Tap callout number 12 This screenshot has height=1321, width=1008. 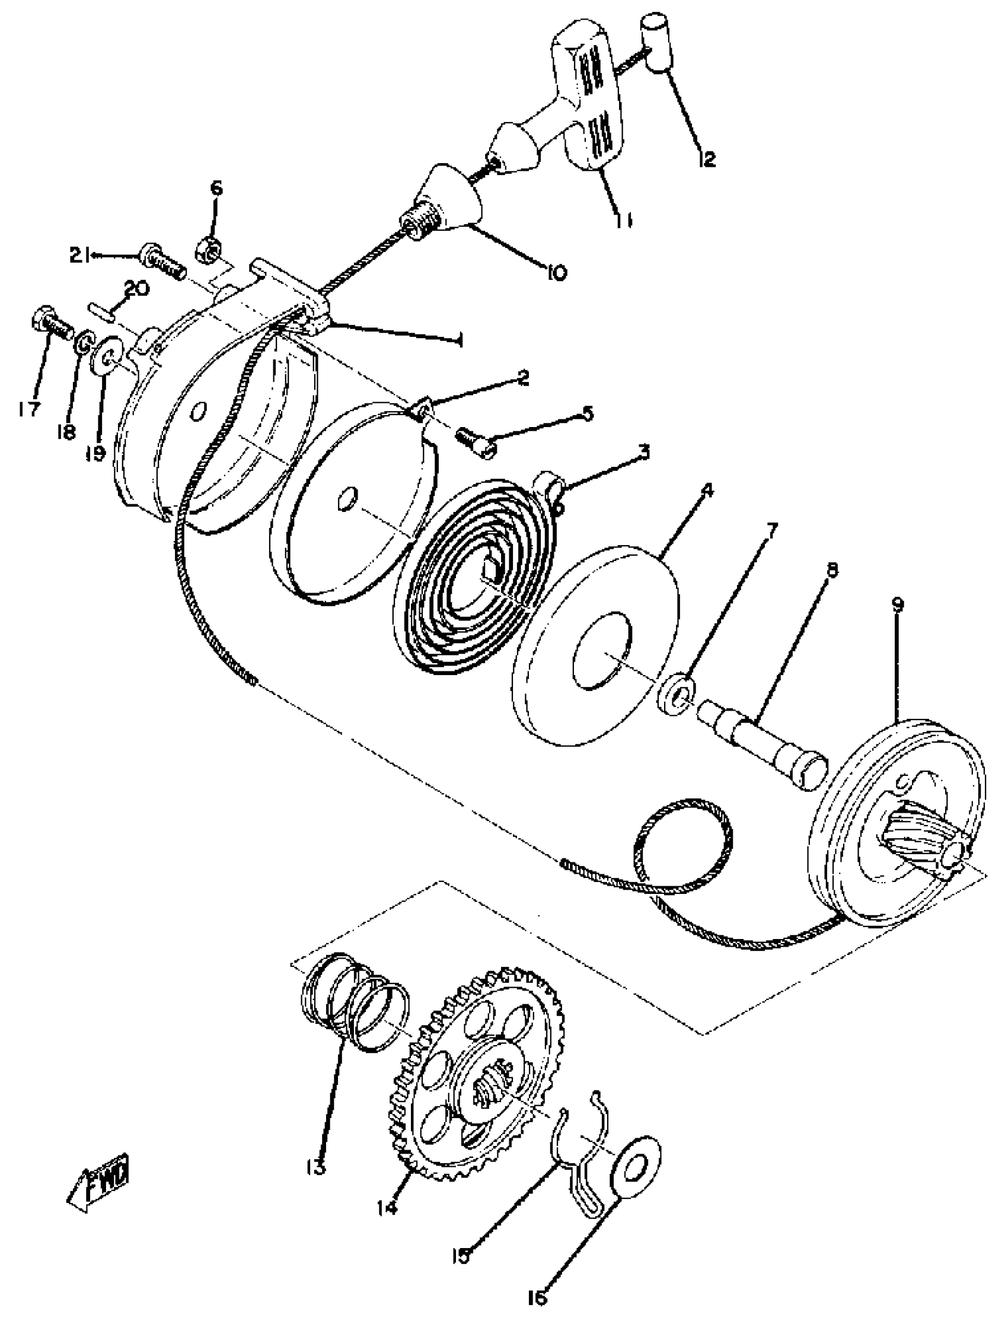click(706, 158)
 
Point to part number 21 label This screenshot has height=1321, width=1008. click(79, 256)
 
